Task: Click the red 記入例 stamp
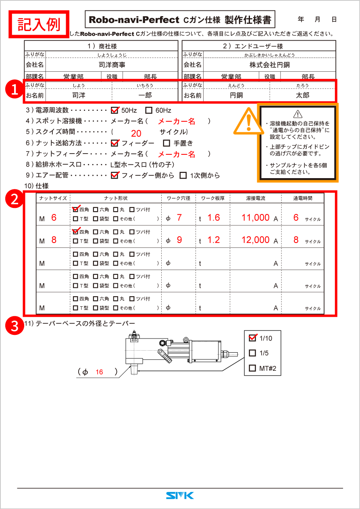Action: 39,24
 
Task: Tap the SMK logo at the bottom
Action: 180,496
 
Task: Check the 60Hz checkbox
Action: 149,110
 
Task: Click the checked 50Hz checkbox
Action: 114,110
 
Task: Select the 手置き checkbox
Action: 166,143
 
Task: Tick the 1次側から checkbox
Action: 183,175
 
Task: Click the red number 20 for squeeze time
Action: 136,134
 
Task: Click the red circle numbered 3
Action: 15,326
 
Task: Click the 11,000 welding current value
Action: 256,218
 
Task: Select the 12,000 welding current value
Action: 256,240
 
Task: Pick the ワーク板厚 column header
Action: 213,198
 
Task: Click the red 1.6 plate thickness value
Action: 214,218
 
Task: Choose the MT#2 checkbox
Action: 253,368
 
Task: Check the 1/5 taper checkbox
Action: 253,353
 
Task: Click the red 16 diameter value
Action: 99,372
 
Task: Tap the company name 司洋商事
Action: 112,64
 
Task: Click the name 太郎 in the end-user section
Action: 302,96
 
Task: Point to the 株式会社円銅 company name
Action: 270,64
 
